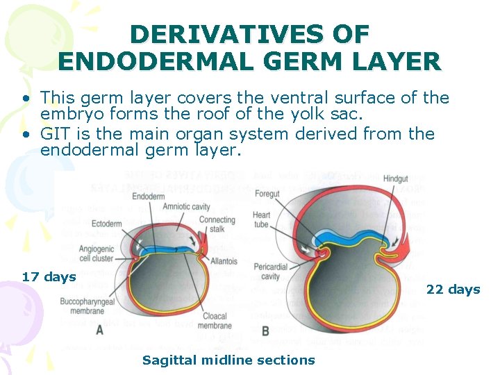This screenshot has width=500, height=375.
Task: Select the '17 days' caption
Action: pyautogui.click(x=49, y=277)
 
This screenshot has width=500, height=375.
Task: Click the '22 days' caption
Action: pyautogui.click(x=453, y=290)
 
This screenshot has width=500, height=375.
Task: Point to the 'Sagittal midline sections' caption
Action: pyautogui.click(x=228, y=360)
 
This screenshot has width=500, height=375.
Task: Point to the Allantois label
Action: pyautogui.click(x=224, y=262)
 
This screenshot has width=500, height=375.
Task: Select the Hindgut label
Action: pyautogui.click(x=415, y=178)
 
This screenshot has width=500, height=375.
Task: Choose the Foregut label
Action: pyautogui.click(x=267, y=194)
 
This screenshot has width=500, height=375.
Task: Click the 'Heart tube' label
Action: pyautogui.click(x=262, y=219)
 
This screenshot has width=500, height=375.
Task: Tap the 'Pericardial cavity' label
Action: pyautogui.click(x=268, y=272)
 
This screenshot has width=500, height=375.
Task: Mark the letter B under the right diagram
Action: pyautogui.click(x=265, y=331)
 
